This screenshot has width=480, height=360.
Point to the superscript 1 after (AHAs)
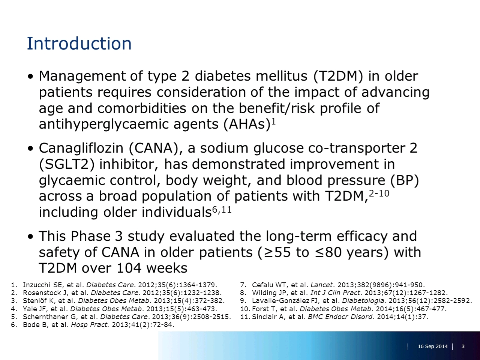coord(273,121)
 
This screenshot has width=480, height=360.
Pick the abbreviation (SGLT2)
coord(67,164)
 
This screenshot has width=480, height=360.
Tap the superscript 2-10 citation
coord(379,193)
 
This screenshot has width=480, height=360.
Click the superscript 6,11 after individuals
coord(222,210)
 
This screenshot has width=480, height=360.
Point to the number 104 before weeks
coord(129,268)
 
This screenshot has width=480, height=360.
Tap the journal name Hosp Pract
coord(90,325)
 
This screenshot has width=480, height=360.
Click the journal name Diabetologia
coord(363,301)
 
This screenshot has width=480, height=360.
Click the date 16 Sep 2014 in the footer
coord(432,346)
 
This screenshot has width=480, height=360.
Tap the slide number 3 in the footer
coord(463,346)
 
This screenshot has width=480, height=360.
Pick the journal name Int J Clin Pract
coord(335,293)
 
